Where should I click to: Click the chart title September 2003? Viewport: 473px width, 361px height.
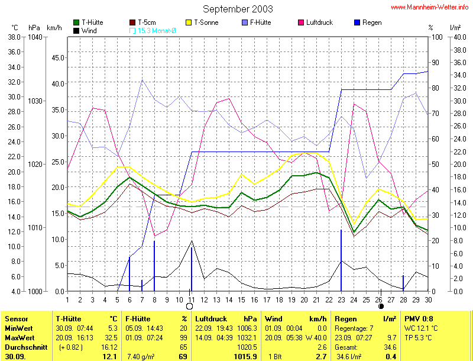point(238,9)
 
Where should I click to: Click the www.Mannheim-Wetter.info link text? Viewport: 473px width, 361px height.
point(430,7)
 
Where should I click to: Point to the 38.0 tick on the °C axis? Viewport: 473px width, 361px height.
point(14,37)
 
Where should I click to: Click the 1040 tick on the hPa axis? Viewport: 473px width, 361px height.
point(35,37)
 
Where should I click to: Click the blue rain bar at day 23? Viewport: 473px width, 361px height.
point(341,260)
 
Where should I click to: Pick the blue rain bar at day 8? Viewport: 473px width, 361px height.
point(154,266)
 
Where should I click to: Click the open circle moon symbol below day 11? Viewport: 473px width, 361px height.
point(190,306)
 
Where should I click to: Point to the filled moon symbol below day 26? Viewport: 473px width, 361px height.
point(381,306)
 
